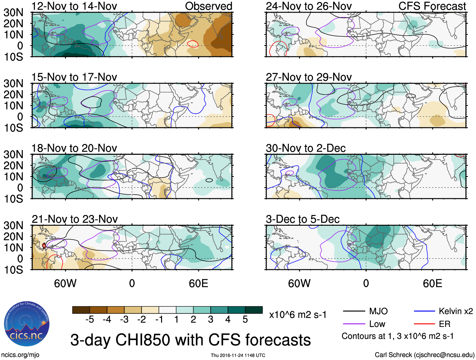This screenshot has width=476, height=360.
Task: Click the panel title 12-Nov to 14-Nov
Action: pos(74,6)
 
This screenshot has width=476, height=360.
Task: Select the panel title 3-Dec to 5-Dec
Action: pos(303,219)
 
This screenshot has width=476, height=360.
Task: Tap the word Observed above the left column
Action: pos(208,6)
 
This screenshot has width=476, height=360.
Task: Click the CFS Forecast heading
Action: pos(432,6)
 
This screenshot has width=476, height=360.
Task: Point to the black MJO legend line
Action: pos(354,311)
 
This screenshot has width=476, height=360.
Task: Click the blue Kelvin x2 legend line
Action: pos(424,311)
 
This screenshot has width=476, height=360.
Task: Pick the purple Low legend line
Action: pos(354,324)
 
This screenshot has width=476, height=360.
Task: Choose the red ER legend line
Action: pos(424,324)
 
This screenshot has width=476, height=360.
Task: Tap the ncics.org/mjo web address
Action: pos(20,355)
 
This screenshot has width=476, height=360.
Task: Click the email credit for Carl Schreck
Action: pos(424,355)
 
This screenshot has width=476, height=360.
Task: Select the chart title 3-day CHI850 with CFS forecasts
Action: pos(190,340)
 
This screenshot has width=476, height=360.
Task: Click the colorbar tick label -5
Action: pos(90,320)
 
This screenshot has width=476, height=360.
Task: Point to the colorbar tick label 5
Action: pos(245,320)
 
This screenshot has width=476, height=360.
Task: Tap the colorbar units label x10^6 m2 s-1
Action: pos(298,315)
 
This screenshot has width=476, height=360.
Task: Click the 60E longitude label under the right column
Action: pos(432,283)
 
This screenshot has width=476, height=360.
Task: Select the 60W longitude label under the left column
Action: pos(65,283)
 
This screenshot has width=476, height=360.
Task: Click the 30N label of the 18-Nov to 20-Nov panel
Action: pos(14,154)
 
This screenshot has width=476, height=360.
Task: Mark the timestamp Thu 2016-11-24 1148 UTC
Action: pos(238,355)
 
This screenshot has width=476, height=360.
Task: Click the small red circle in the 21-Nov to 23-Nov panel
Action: pos(44,245)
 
